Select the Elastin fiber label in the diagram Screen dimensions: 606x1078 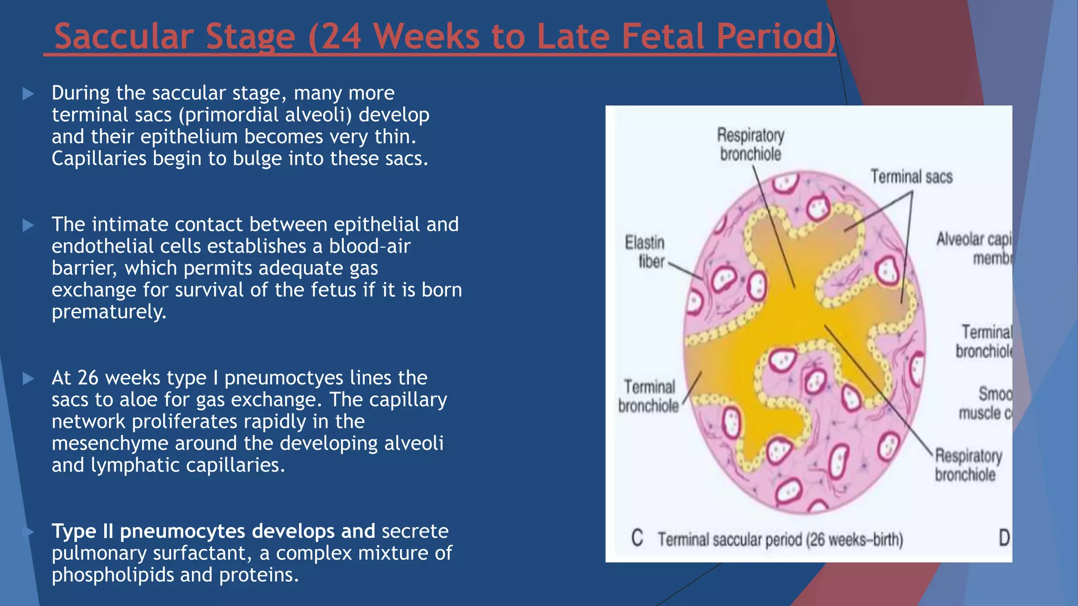coord(645,252)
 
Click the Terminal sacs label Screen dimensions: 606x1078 coord(911,177)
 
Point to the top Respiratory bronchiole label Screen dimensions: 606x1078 coord(751,145)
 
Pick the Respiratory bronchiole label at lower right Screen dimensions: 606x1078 coord(967,465)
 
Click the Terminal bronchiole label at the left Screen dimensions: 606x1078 coord(648,396)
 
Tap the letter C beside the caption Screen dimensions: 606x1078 coord(637,539)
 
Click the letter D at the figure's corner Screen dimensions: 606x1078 coord(1004,538)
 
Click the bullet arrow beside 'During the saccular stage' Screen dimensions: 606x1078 coord(28,94)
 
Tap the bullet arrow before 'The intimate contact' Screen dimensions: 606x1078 coord(28,226)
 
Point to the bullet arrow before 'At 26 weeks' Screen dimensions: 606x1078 coord(28,379)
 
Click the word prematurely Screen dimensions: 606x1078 coord(109,312)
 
